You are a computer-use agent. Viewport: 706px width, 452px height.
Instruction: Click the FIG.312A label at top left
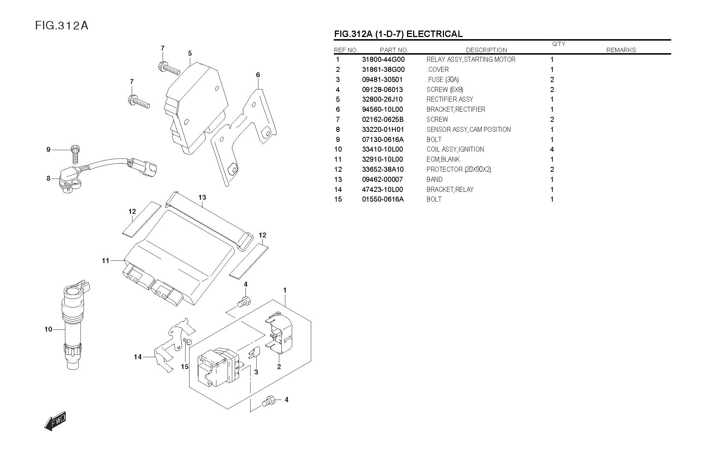61,26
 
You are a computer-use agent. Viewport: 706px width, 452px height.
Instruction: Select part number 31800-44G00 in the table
383,60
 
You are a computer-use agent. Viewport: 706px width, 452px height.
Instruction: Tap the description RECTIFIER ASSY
450,100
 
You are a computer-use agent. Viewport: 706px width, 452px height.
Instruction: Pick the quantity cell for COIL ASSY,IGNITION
552,149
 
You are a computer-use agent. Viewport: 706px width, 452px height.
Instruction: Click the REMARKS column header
621,50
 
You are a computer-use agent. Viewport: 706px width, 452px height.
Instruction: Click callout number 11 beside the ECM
105,261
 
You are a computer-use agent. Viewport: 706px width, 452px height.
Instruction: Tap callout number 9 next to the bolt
48,149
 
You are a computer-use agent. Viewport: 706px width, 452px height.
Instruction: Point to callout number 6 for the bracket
258,75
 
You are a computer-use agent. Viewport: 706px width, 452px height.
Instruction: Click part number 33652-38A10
383,170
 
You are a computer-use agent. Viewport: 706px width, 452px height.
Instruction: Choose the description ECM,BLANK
443,160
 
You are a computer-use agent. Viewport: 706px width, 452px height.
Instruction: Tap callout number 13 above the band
202,197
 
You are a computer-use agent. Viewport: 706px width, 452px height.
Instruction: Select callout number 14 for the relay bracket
138,357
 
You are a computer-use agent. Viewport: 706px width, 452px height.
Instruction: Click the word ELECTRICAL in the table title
435,34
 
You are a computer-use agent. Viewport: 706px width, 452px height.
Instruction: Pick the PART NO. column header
394,50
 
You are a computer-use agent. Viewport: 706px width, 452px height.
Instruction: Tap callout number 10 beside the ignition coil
48,329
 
